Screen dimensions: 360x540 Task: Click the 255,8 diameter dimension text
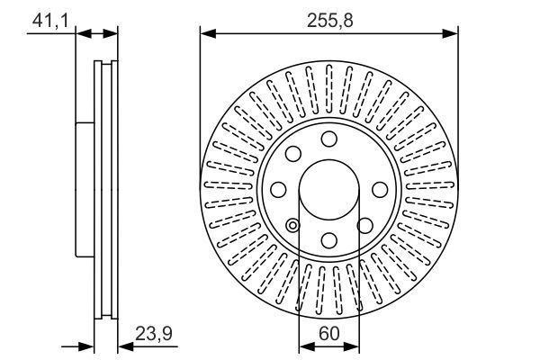328,16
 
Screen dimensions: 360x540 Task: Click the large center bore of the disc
328,189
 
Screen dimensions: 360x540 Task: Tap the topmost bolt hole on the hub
328,139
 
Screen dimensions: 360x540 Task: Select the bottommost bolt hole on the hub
328,239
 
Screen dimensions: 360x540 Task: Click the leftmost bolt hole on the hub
278,189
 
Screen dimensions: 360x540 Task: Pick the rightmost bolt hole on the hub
379,189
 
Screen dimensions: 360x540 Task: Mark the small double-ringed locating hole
292,225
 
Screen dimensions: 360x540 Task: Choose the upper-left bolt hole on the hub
292,153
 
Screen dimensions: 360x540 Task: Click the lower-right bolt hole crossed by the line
364,225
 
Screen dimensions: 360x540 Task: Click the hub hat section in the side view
84,189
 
